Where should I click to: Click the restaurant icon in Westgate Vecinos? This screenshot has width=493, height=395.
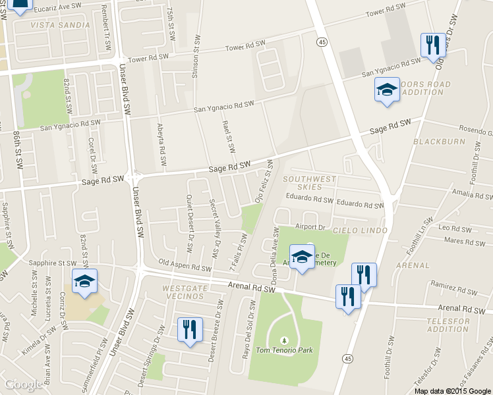(190, 329)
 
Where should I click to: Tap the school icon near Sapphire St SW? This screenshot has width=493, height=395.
(84, 281)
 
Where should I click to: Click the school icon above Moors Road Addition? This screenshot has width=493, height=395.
(386, 90)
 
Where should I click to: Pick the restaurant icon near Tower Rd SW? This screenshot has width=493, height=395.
(432, 45)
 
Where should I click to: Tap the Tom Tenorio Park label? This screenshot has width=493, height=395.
(284, 350)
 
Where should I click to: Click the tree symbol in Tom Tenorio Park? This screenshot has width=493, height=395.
(284, 340)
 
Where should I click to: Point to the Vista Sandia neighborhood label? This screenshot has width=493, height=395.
(60, 25)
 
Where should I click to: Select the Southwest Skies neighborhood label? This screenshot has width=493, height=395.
(310, 183)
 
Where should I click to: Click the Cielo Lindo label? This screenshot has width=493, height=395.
(356, 230)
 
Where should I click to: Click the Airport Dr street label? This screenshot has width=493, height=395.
(311, 226)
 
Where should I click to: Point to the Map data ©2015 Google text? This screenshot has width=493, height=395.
(452, 390)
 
